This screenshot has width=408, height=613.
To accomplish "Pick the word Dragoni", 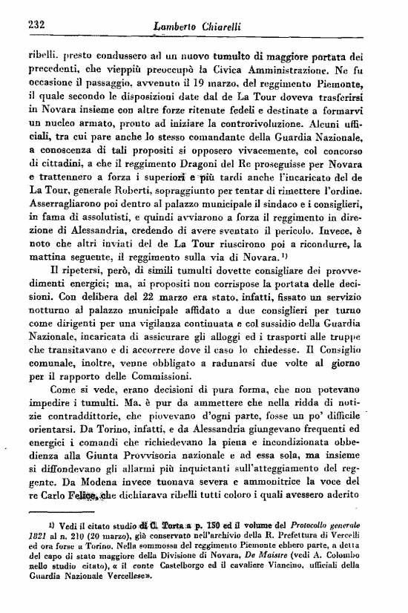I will (x=182, y=163).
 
